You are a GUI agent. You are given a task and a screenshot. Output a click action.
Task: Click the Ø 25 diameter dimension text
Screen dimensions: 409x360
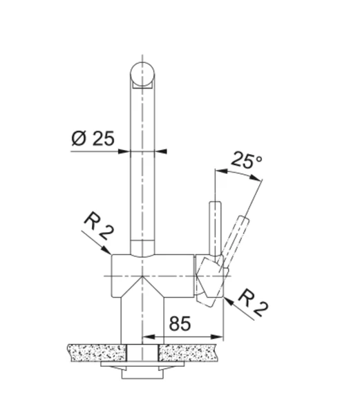[92, 138]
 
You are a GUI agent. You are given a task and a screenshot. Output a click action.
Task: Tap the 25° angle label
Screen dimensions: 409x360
[246, 162]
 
